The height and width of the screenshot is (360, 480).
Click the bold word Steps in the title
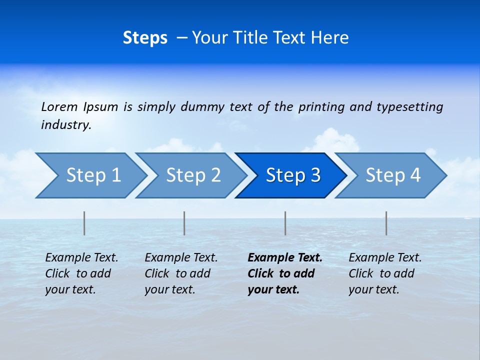[145, 38]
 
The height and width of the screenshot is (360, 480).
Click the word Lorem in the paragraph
[59, 106]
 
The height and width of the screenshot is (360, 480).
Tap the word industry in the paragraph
[66, 125]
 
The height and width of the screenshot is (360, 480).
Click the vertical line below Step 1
[84, 223]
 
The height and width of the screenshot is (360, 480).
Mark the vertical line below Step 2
[184, 223]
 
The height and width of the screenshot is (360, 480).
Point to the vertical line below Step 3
[285, 223]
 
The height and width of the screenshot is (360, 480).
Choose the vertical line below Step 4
[386, 223]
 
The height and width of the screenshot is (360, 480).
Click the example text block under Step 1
[81, 273]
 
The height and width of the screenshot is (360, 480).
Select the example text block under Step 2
[181, 273]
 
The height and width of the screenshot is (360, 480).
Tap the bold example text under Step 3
[285, 273]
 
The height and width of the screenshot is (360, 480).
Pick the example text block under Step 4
[385, 273]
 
